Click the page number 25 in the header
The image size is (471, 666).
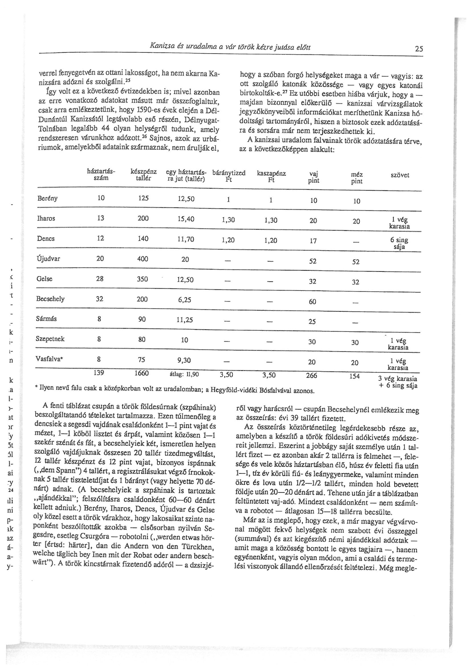pyautogui.click(x=419, y=49)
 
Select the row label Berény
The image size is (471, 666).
pyautogui.click(x=48, y=198)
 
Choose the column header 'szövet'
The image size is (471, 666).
pyautogui.click(x=400, y=175)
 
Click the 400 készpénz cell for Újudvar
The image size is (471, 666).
pyautogui.click(x=143, y=259)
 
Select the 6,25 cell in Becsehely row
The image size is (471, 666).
pyautogui.click(x=184, y=300)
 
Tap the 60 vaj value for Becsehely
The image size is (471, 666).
pyautogui.click(x=312, y=302)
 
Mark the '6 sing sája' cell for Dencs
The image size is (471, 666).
pyautogui.click(x=399, y=243)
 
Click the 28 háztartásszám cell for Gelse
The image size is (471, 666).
pyautogui.click(x=100, y=279)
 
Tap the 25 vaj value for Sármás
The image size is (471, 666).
pyautogui.click(x=312, y=322)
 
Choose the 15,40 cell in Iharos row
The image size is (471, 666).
pyautogui.click(x=186, y=219)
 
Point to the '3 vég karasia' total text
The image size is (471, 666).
pyautogui.click(x=398, y=379)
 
